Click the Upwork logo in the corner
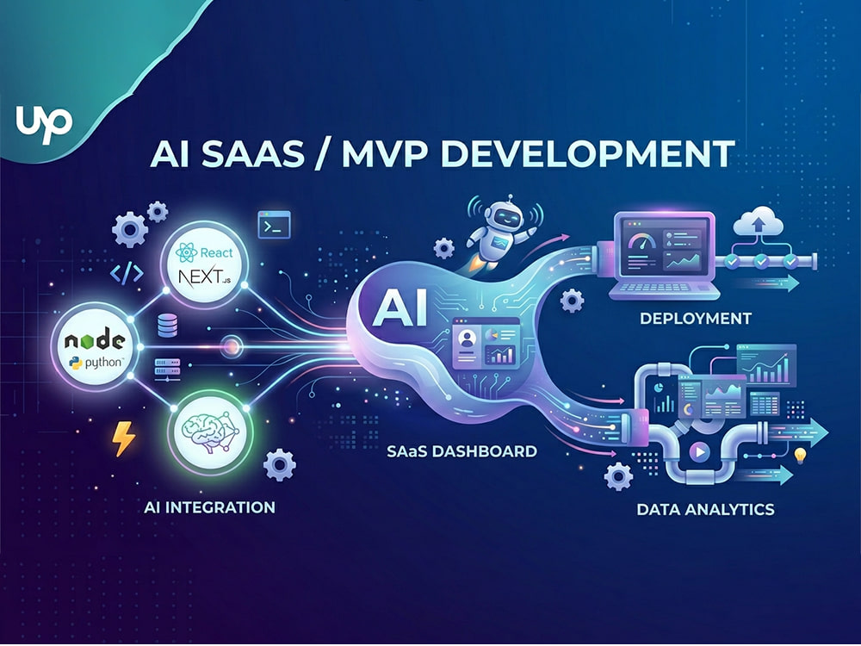pyautogui.click(x=45, y=123)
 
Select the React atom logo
pyautogui.click(x=187, y=252)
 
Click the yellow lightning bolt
pyautogui.click(x=123, y=439)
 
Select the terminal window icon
pyautogui.click(x=274, y=225)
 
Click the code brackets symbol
pyautogui.click(x=127, y=273)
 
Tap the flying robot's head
pyautogui.click(x=504, y=215)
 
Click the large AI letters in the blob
pyautogui.click(x=400, y=308)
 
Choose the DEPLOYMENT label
pyautogui.click(x=695, y=318)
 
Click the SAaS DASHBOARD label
pyautogui.click(x=461, y=451)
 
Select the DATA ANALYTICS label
pyautogui.click(x=706, y=509)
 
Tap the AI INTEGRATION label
pyautogui.click(x=210, y=507)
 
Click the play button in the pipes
pyautogui.click(x=699, y=451)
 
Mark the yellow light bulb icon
pyautogui.click(x=800, y=456)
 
